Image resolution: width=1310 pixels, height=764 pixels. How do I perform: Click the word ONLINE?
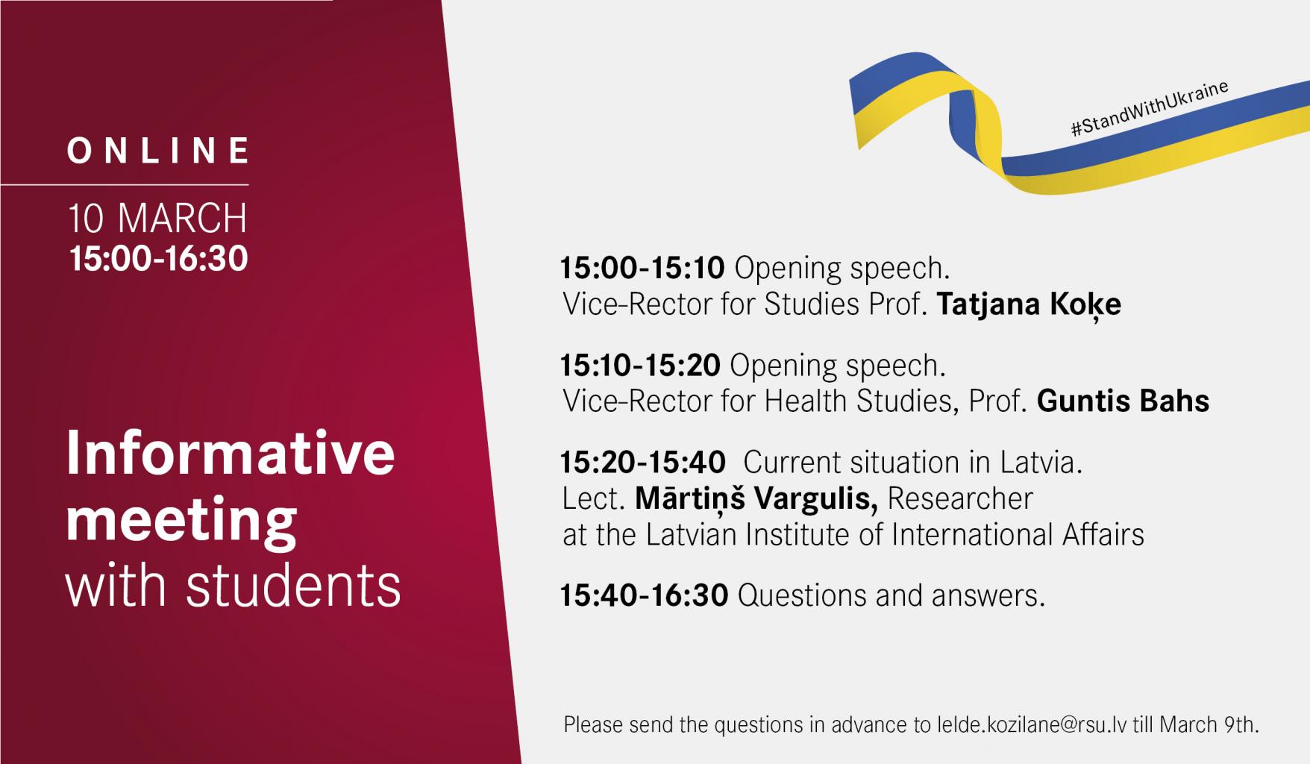click(159, 151)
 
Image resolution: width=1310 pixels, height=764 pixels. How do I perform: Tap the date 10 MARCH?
click(157, 219)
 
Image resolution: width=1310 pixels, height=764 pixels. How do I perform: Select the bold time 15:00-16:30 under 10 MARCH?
click(158, 259)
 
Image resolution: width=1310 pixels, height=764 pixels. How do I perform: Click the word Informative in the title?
click(231, 454)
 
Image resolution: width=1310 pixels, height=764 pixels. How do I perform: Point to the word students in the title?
click(293, 586)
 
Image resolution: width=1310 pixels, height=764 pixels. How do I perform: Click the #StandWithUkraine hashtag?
click(1150, 110)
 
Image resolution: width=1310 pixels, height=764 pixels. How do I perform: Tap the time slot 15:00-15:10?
click(642, 268)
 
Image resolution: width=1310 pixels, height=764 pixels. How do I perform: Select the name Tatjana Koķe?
click(1029, 304)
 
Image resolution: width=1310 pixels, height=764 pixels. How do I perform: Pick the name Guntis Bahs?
click(1123, 401)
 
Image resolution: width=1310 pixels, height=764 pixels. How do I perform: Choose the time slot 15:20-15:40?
click(643, 463)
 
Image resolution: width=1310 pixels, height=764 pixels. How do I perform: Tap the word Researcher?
click(960, 498)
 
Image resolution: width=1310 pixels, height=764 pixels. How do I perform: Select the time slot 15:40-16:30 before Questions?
click(645, 595)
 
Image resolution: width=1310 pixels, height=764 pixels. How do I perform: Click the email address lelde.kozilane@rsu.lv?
click(1031, 724)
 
